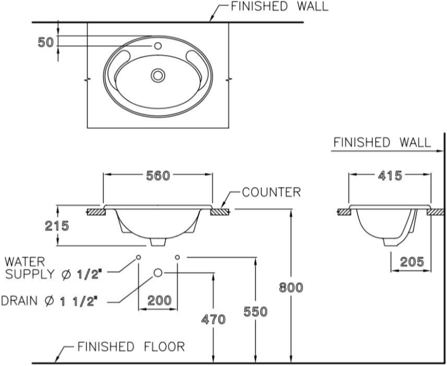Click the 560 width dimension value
[x=158, y=176]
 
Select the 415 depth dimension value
[x=390, y=176]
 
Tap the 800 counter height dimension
[x=291, y=287]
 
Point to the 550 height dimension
[x=256, y=312]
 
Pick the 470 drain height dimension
[x=213, y=319]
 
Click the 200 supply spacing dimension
[x=159, y=300]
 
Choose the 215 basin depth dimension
[x=57, y=226]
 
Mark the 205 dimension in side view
[x=412, y=262]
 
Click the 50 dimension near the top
[x=45, y=43]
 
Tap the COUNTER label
[x=272, y=192]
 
